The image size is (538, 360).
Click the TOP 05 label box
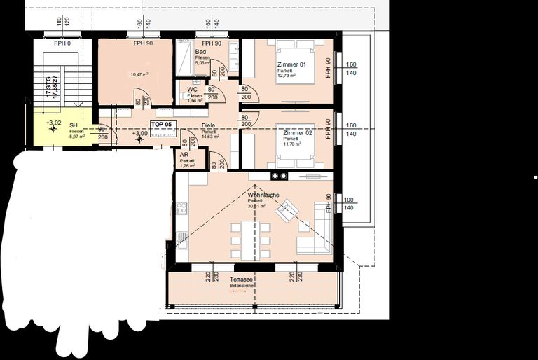pyautogui.click(x=160, y=124)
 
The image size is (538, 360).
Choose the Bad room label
pyautogui.click(x=200, y=52)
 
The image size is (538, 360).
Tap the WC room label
pyautogui.click(x=192, y=90)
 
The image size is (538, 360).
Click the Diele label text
pyautogui.click(x=208, y=126)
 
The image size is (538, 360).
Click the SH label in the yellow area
pyautogui.click(x=73, y=125)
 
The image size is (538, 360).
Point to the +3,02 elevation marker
pyautogui.click(x=53, y=123)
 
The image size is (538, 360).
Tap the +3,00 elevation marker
pyautogui.click(x=140, y=133)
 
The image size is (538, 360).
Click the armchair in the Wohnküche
pyautogui.click(x=286, y=210)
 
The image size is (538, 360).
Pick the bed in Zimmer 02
pyautogui.click(x=298, y=138)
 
